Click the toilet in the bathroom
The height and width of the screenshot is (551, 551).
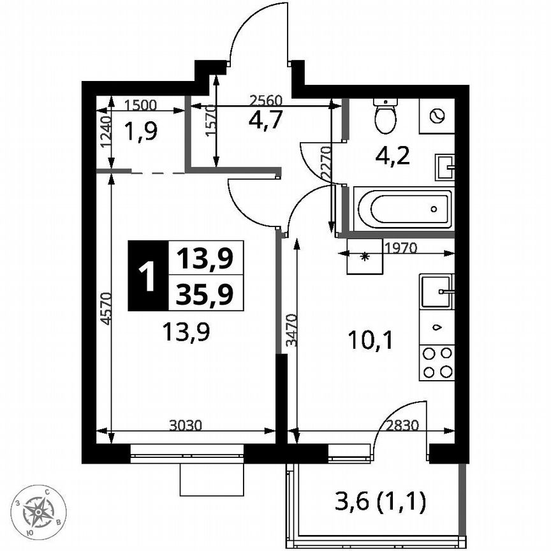coord(385,115)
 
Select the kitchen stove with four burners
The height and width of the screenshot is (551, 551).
coord(437,363)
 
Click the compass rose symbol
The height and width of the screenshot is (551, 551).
coord(43,510)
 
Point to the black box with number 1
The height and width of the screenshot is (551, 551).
coord(147,276)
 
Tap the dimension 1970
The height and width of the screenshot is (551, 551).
coord(399,248)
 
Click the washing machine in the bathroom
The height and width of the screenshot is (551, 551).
coord(437,115)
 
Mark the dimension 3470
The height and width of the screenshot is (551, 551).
coord(291,329)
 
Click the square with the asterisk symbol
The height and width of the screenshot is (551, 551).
coord(365,256)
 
